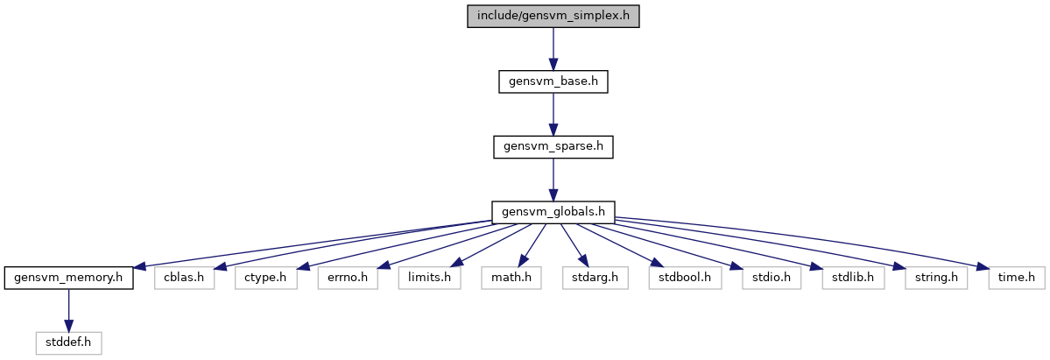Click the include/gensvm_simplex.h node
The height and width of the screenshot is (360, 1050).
click(553, 16)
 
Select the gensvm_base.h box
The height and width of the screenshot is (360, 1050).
click(553, 81)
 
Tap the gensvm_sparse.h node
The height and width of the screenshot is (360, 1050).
click(553, 147)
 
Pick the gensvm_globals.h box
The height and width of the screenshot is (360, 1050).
click(553, 212)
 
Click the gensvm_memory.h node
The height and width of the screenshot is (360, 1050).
click(68, 278)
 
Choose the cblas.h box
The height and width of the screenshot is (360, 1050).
click(184, 278)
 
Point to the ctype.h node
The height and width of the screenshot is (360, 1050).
click(265, 278)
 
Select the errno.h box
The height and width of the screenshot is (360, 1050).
click(348, 278)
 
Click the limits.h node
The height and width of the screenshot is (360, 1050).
click(430, 278)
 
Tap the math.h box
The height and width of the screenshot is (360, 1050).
click(511, 278)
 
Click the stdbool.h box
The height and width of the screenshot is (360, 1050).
click(684, 278)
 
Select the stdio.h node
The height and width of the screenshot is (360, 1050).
click(771, 278)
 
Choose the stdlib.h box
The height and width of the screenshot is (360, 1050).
click(852, 278)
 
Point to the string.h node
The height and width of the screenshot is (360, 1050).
click(936, 278)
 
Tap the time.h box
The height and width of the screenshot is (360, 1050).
click(1017, 278)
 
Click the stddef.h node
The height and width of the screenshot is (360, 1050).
click(68, 343)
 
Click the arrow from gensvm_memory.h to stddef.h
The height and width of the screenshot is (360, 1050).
click(68, 310)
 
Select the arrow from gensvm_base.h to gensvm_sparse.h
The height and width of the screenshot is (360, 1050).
click(553, 114)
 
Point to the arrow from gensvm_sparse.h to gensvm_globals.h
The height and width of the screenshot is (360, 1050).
click(553, 179)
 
